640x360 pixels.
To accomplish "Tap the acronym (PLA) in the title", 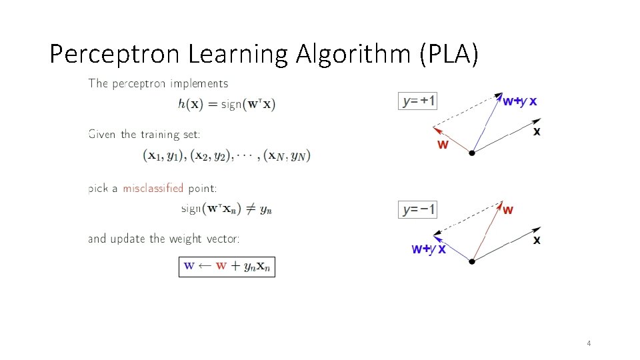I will (449, 54).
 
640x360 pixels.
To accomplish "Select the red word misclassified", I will (153, 188).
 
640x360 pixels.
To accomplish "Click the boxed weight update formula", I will (227, 265).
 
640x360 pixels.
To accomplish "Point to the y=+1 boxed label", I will (418, 101).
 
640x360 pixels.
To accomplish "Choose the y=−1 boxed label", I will (418, 209).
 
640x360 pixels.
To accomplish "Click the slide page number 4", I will (589, 343).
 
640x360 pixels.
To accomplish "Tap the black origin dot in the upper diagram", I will (472, 153).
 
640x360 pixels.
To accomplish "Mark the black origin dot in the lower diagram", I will (472, 261).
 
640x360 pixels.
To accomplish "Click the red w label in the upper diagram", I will (443, 144).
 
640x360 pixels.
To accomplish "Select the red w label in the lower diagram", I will (508, 210).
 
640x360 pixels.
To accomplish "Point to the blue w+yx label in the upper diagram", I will (519, 101).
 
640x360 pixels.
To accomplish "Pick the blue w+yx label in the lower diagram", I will (429, 249).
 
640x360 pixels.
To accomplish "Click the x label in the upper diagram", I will (537, 132).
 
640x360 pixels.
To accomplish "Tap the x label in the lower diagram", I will (537, 240).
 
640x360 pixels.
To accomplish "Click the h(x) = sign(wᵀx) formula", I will (227, 104).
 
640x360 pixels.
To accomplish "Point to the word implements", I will (199, 84).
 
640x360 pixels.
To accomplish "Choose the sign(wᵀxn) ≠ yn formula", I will (227, 209).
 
